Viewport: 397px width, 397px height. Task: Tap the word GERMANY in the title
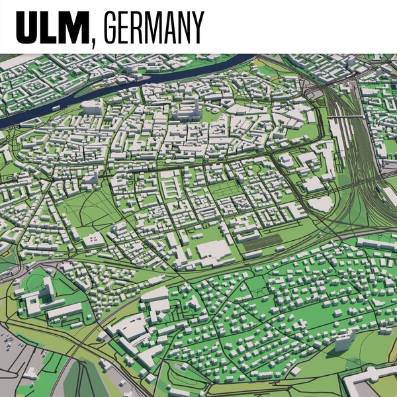pyautogui.click(x=154, y=27)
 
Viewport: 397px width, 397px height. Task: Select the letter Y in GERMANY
pyautogui.click(x=197, y=27)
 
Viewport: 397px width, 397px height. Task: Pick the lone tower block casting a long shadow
pyautogui.click(x=345, y=341)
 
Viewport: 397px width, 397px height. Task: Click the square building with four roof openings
pyautogui.click(x=93, y=239)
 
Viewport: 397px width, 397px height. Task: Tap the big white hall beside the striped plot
pyautogui.click(x=214, y=250)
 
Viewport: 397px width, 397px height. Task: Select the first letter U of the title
pyautogui.click(x=28, y=27)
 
